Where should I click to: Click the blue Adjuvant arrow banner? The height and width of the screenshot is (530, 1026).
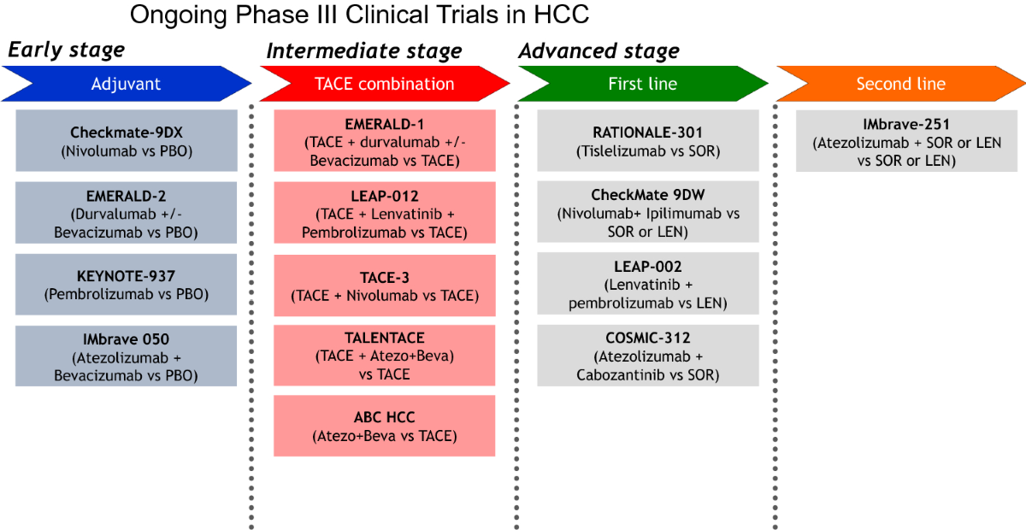point(127,84)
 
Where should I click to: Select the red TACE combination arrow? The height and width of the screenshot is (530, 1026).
point(385,84)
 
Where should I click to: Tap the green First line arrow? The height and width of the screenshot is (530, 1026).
point(643,84)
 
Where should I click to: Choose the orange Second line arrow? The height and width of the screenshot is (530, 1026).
point(901,84)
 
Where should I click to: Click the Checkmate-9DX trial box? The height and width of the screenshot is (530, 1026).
point(127,141)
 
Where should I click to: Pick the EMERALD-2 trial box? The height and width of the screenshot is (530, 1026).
point(126,213)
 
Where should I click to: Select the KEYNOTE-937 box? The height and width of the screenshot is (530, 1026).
point(126,285)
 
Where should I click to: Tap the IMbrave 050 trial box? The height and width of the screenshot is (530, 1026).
point(126,356)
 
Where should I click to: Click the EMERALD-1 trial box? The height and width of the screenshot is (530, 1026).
point(385,141)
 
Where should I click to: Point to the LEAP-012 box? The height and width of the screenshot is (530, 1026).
point(385,213)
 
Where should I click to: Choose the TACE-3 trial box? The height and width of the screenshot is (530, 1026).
point(385,286)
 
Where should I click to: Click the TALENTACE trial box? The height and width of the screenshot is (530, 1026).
point(384,356)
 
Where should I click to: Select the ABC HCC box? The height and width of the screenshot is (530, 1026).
point(384,426)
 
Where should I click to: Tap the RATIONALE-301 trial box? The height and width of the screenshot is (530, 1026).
point(648,141)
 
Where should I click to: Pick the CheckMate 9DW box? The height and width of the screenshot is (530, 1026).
point(648,212)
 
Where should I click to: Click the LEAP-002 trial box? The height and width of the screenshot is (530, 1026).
point(648,284)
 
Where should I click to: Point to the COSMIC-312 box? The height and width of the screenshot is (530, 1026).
point(648,356)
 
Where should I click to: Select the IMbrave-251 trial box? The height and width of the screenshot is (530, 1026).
point(906,141)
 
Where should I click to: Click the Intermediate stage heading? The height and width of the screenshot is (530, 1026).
point(364,50)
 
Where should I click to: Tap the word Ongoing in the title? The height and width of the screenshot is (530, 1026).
point(178,15)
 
